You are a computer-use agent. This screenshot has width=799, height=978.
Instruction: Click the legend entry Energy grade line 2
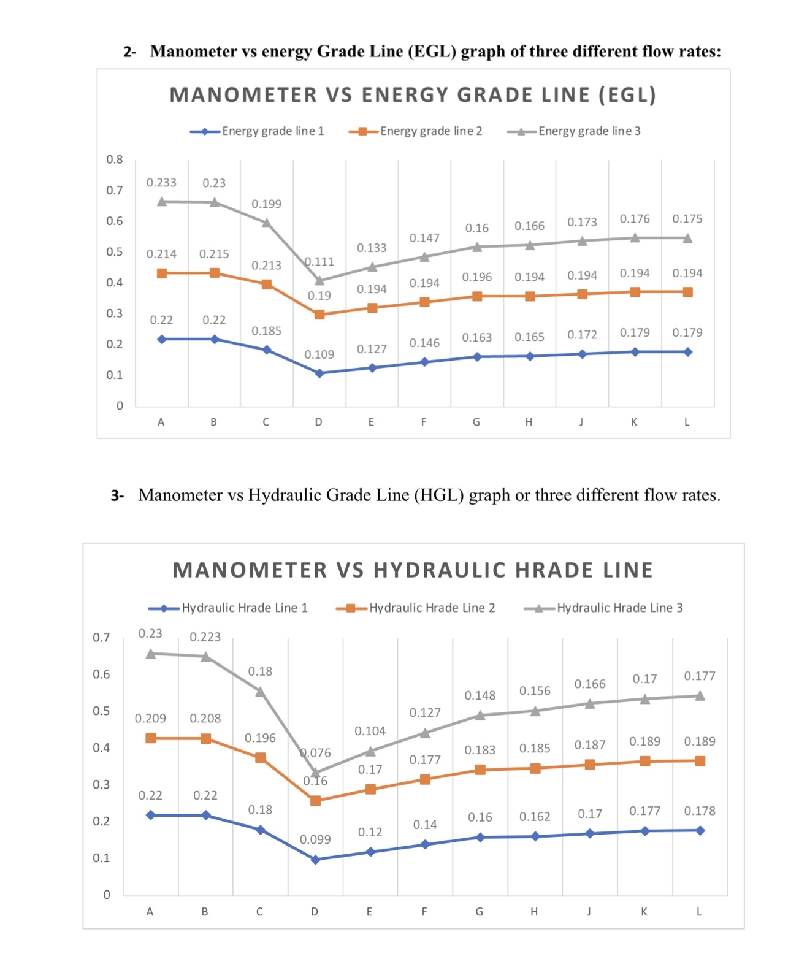430,131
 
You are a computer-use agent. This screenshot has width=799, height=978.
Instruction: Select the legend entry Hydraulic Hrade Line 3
619,608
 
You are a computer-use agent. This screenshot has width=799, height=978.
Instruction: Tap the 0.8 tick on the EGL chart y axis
115,159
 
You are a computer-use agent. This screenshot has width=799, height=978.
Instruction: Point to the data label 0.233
161,183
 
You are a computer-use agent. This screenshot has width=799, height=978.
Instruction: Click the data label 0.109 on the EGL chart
319,354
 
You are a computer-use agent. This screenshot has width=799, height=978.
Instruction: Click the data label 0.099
315,839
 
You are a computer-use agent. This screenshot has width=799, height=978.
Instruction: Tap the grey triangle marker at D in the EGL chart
319,280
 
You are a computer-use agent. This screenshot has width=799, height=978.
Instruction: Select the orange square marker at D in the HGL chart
315,800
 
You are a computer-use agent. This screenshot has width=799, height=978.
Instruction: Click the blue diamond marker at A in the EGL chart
162,339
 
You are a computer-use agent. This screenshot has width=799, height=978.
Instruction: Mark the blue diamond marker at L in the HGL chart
700,830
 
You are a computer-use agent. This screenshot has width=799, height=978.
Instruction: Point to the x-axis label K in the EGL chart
634,422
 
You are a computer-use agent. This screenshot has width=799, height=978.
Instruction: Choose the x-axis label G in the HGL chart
479,912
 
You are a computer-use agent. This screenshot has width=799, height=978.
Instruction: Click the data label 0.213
267,266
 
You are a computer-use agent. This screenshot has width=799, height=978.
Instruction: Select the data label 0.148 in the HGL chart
480,695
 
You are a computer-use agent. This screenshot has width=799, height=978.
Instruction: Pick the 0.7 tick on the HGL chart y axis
102,638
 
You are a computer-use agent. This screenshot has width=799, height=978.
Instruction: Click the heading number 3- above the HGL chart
117,495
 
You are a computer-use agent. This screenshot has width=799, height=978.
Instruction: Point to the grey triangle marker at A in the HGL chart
151,653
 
